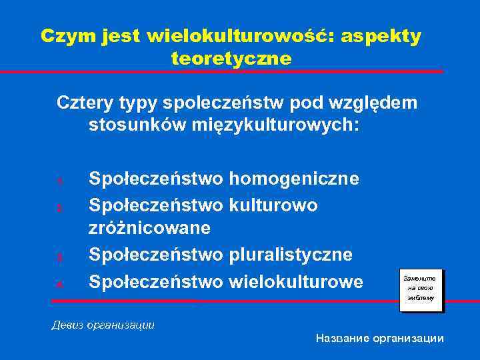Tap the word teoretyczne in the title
(231, 59)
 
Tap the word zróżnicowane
(150, 228)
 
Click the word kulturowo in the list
(273, 204)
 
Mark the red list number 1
(59, 180)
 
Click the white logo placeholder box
(421, 289)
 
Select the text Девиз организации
(103, 325)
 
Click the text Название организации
(379, 339)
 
